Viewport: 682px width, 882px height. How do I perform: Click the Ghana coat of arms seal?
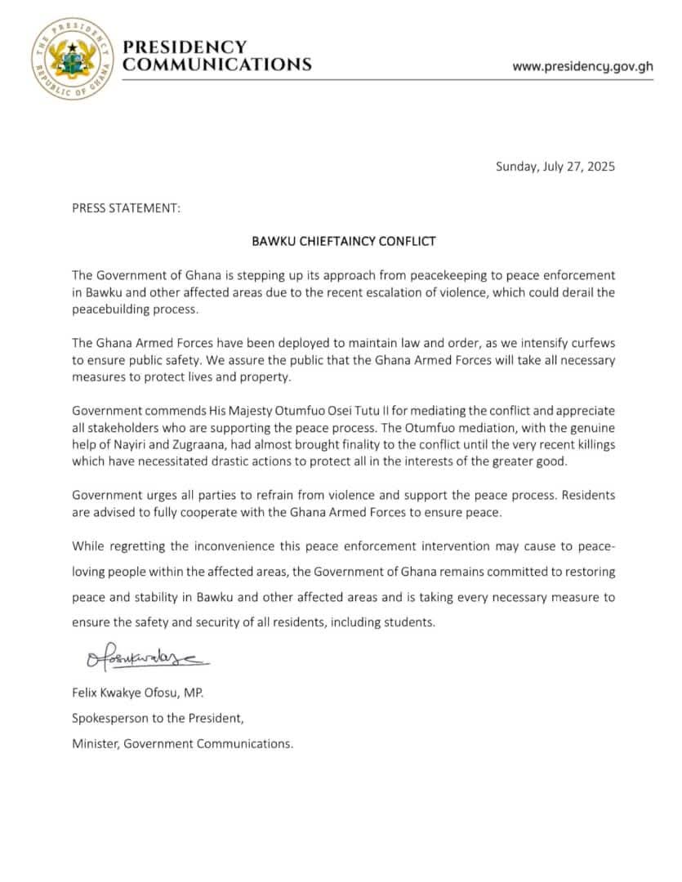pyautogui.click(x=71, y=56)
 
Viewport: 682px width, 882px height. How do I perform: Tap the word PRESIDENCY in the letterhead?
pyautogui.click(x=185, y=47)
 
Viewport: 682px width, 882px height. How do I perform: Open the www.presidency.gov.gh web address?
pyautogui.click(x=582, y=67)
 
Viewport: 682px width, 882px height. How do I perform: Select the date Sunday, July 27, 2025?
pyautogui.click(x=555, y=167)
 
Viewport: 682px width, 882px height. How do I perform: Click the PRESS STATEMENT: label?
pyautogui.click(x=126, y=208)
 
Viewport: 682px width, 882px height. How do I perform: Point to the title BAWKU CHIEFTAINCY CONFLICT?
pyautogui.click(x=343, y=242)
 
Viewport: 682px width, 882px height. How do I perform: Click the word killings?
pyautogui.click(x=593, y=444)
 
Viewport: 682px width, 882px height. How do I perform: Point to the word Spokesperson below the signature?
pyautogui.click(x=109, y=719)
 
